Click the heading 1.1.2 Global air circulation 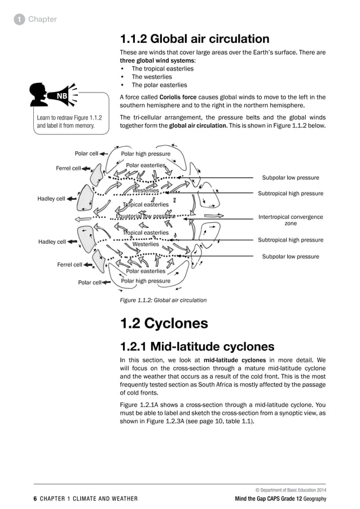click(x=195, y=39)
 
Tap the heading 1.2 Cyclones click(x=164, y=323)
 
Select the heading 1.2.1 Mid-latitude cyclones click(x=197, y=346)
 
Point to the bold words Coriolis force click(x=165, y=97)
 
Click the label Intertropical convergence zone click(x=290, y=220)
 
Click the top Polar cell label click(x=86, y=153)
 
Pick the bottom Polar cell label click(x=90, y=283)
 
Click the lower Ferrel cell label click(x=69, y=264)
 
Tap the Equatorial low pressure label click(x=145, y=216)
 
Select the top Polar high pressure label click(x=146, y=153)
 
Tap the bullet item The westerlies click(x=152, y=77)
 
